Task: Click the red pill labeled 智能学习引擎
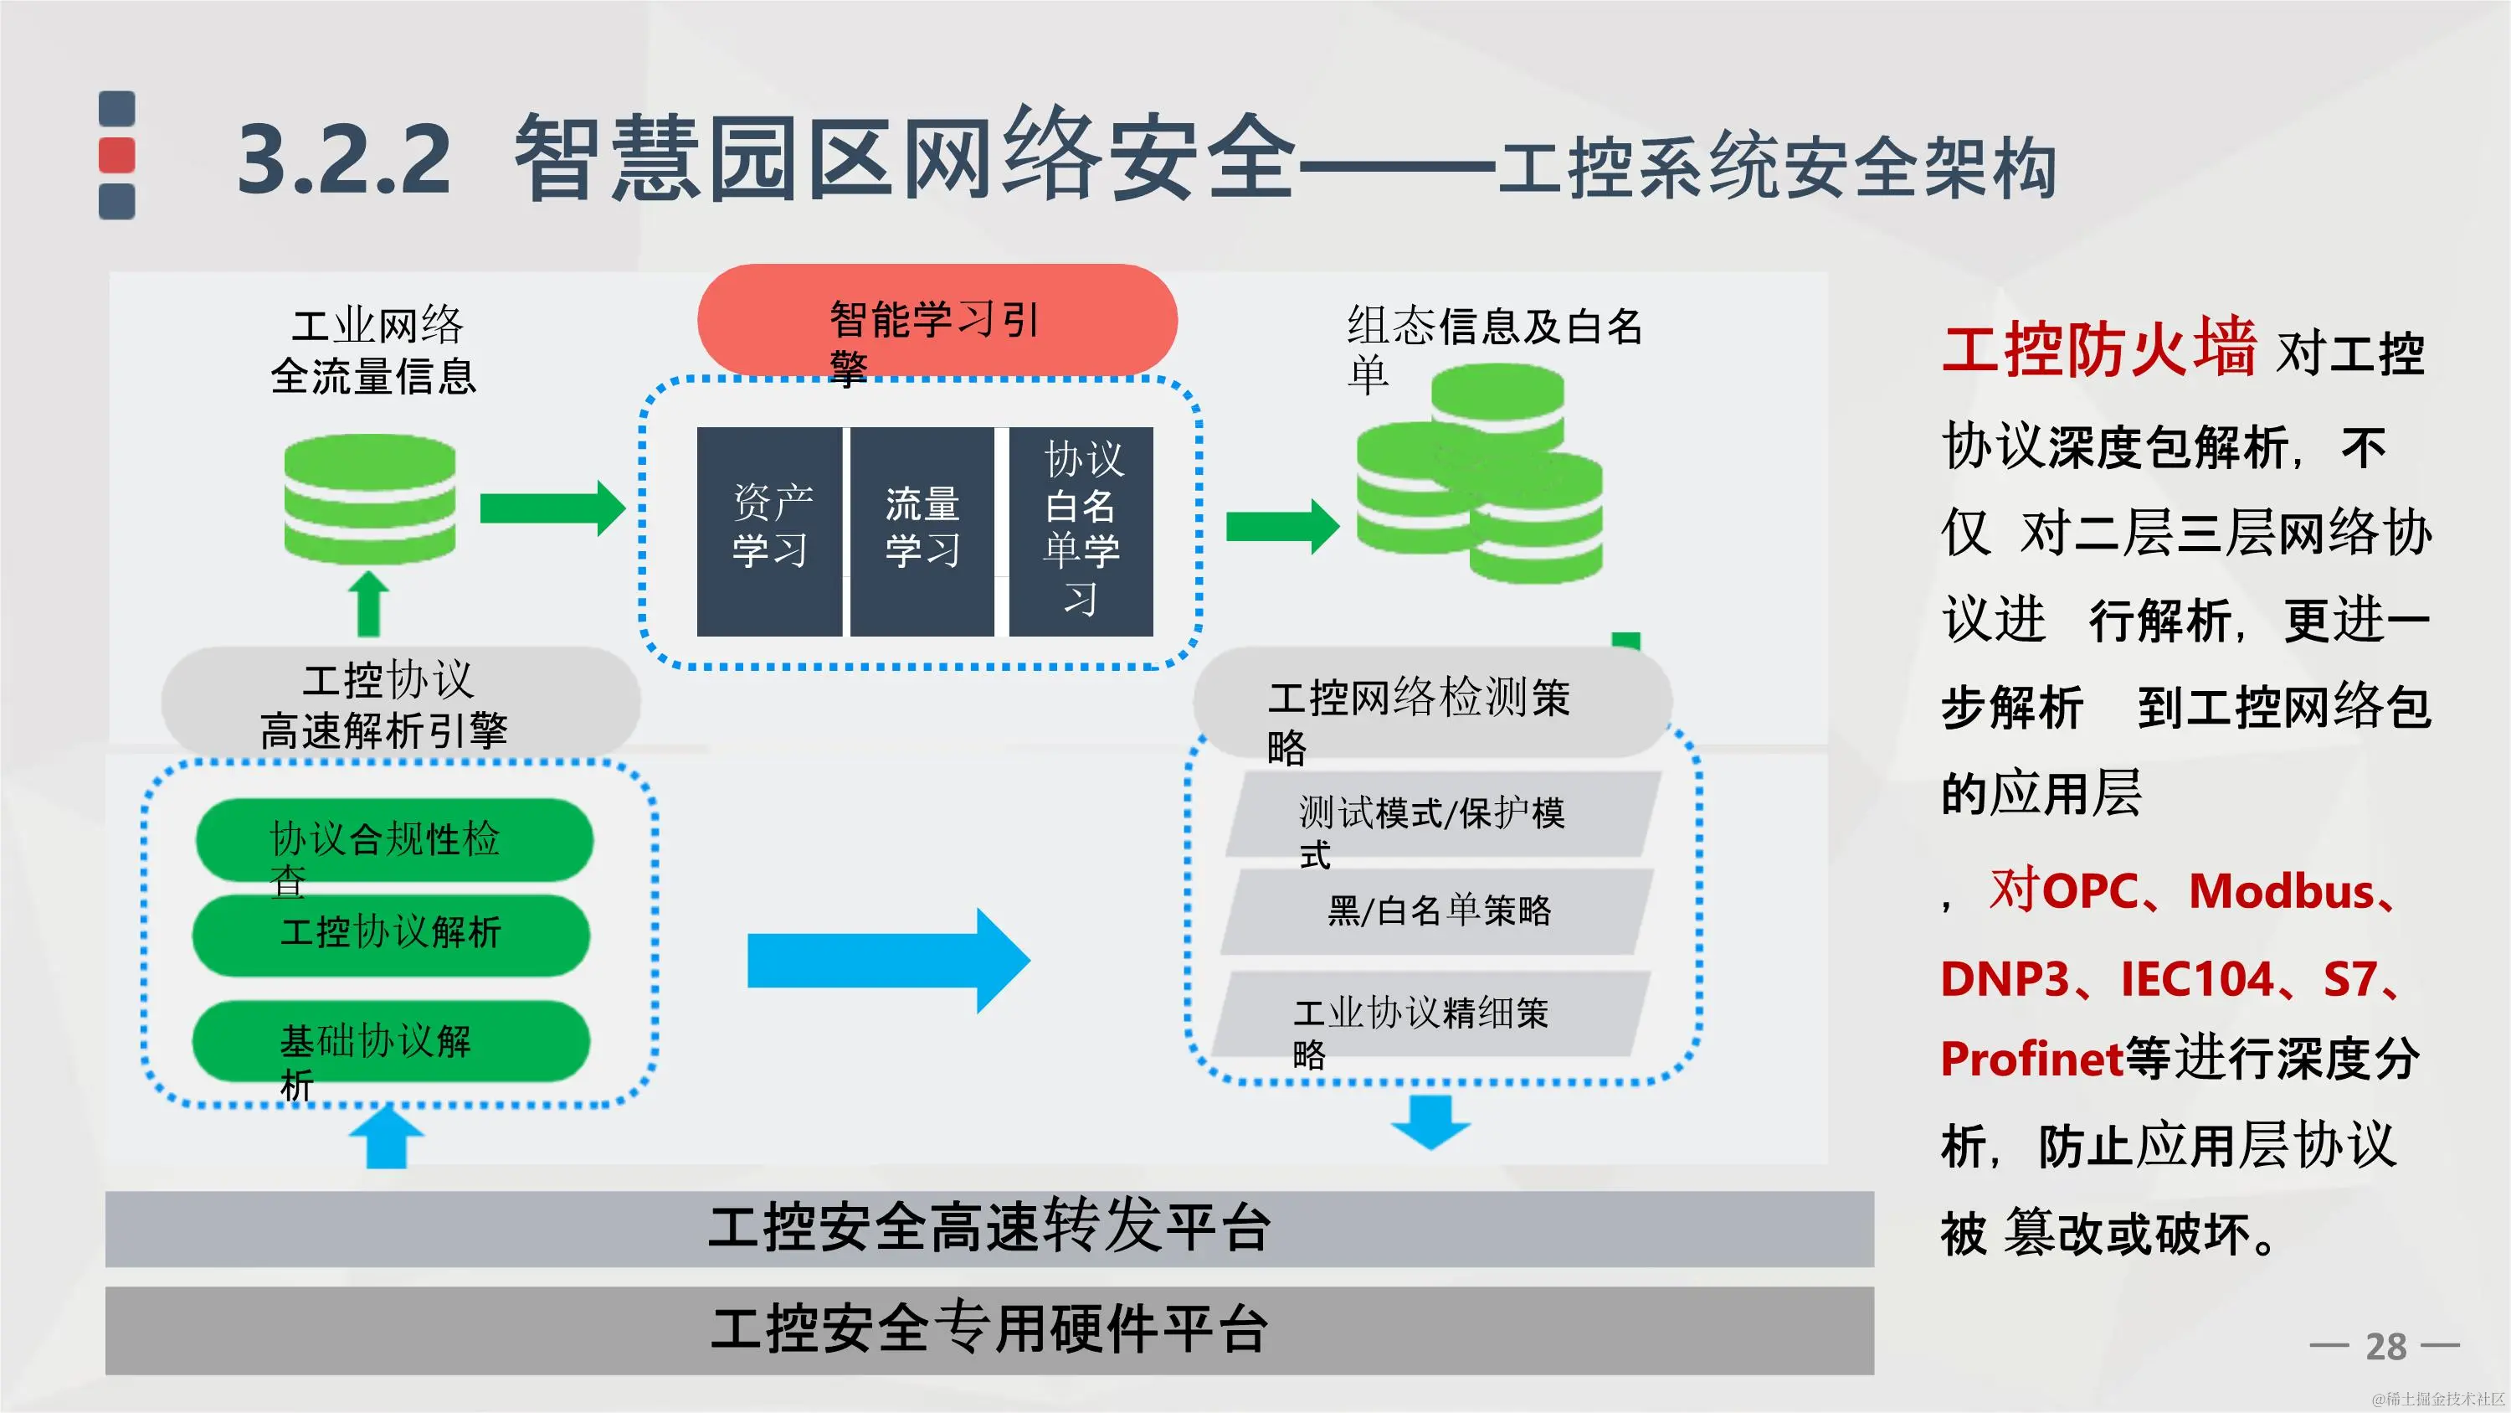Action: (937, 319)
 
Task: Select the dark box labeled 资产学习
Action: (769, 532)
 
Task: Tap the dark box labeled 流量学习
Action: (922, 532)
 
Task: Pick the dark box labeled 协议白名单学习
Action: (1081, 532)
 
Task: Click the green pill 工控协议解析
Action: (392, 934)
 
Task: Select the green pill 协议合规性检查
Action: (393, 838)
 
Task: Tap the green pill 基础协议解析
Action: (392, 1041)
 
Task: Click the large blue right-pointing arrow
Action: (887, 961)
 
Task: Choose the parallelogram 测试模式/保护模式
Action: (1443, 815)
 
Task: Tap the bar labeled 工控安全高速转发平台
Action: (988, 1229)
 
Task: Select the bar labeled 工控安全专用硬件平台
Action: (988, 1330)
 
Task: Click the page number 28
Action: (2385, 1347)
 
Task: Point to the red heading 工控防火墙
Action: (2098, 348)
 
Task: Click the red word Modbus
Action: (2281, 891)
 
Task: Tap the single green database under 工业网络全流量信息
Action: (369, 499)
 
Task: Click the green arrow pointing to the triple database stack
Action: (1281, 527)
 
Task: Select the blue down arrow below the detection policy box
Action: (1430, 1122)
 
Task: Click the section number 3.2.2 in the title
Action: (344, 159)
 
